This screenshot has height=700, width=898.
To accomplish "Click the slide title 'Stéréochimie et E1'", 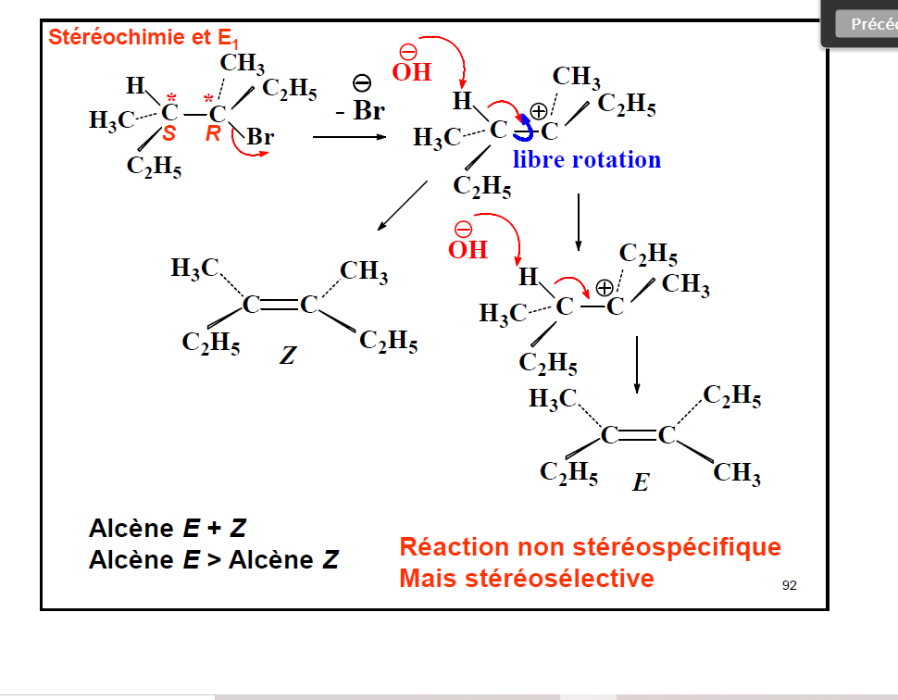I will point(143,38).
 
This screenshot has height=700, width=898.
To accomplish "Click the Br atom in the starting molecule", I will point(260,137).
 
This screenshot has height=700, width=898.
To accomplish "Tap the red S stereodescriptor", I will point(168,134).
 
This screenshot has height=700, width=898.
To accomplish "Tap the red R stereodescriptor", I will point(213,134).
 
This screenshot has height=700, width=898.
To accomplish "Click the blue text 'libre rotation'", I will point(587,159).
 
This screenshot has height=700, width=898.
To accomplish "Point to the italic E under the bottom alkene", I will point(640,482).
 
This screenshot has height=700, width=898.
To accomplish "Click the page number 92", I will point(789,584).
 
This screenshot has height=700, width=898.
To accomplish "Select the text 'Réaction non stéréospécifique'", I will point(590,547).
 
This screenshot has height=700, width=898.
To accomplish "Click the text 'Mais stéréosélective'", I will point(526,578).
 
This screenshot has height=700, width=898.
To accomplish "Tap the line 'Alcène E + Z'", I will point(168,529).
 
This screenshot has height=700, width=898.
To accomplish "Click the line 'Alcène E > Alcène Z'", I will point(214,559).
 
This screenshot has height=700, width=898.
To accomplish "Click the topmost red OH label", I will point(412,71).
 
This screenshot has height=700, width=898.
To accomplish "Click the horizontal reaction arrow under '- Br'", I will point(349,137).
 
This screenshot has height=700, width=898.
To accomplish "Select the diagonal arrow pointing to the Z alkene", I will point(403,206).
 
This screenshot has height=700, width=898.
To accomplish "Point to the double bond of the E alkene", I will point(638,434).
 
